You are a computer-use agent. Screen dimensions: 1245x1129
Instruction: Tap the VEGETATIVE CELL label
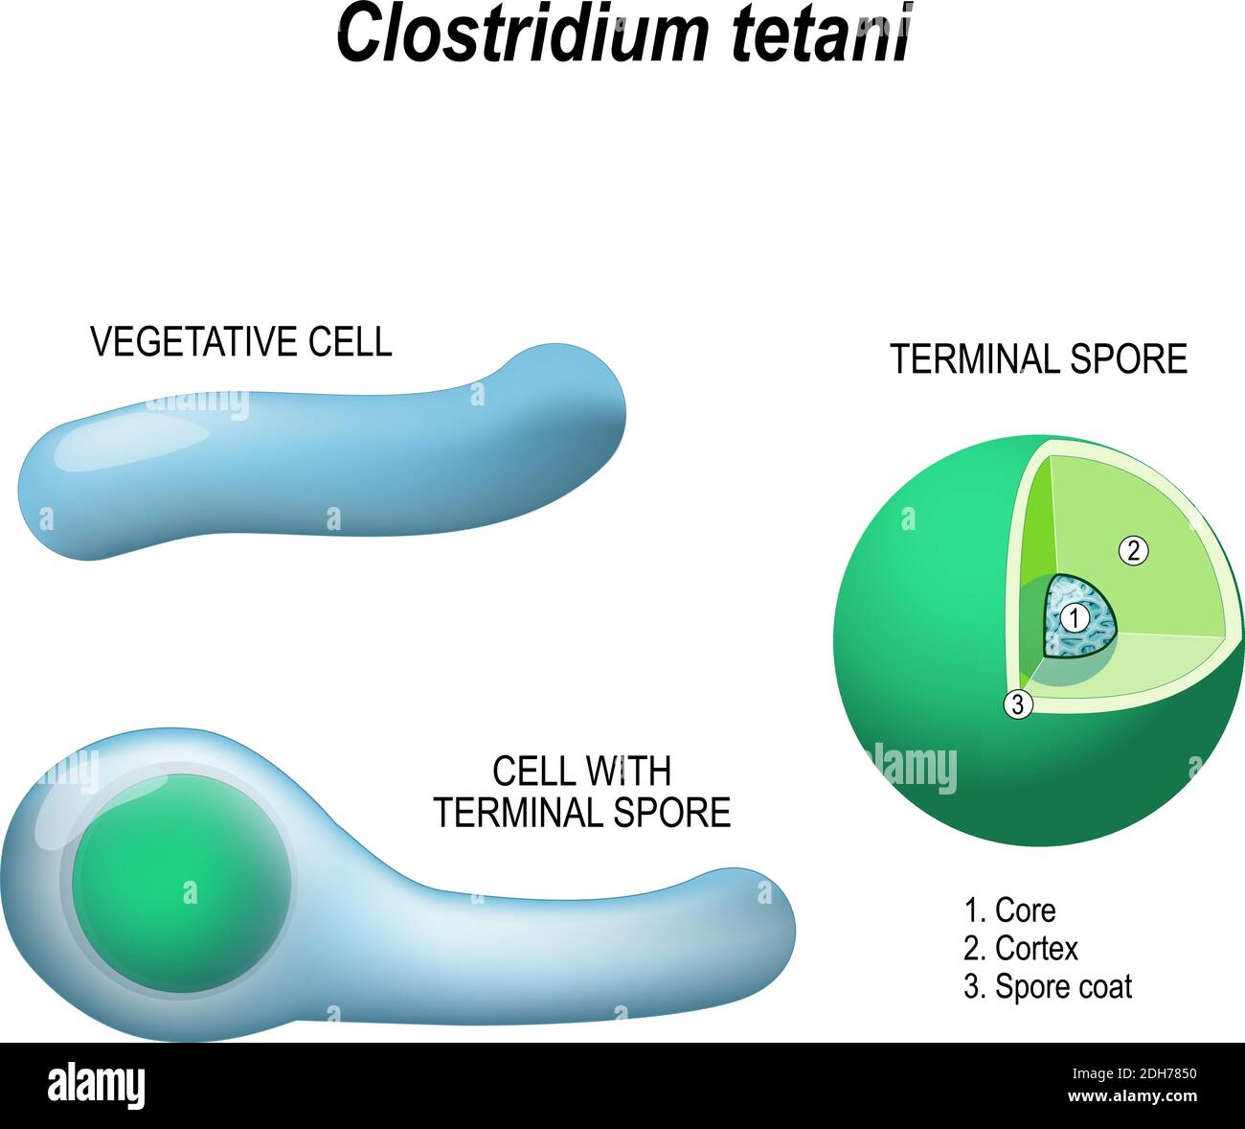(x=241, y=342)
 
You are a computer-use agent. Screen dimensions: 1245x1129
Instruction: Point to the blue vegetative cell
(x=322, y=451)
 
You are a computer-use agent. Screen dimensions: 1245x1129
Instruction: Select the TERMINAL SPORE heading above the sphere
(x=1038, y=359)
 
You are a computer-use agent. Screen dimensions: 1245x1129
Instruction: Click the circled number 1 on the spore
(x=1075, y=618)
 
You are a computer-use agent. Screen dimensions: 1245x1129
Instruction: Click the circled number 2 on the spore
(x=1133, y=551)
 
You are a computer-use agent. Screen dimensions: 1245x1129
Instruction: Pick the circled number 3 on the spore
(x=1018, y=705)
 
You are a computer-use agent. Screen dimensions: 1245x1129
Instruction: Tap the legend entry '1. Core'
(x=1009, y=910)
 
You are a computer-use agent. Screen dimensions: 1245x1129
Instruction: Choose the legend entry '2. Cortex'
(x=1021, y=949)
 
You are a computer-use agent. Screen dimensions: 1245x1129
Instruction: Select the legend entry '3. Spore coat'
(x=1048, y=987)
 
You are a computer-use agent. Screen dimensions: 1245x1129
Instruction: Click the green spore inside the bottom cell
(x=181, y=883)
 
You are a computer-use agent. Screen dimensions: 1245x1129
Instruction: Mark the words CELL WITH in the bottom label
(x=581, y=772)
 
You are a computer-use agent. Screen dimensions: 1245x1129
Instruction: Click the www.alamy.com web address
(x=1133, y=1096)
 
